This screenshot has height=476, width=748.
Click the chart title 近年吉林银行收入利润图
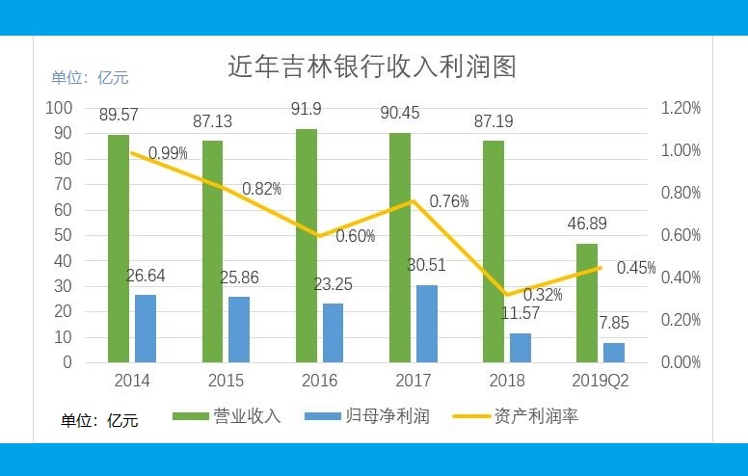click(372, 66)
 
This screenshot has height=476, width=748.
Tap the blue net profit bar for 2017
click(427, 324)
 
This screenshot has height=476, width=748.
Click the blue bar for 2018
click(521, 348)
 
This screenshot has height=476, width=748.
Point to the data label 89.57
click(119, 115)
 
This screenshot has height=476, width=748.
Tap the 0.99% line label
click(168, 153)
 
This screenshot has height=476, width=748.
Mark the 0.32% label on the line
click(543, 295)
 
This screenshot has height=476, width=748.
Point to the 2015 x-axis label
click(226, 381)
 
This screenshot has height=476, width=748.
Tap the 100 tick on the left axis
click(59, 108)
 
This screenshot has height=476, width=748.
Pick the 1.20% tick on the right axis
click(681, 109)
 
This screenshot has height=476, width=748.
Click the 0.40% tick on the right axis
click(681, 278)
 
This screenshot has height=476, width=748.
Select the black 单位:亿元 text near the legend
click(100, 420)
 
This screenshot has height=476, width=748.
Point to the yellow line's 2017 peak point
click(414, 200)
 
